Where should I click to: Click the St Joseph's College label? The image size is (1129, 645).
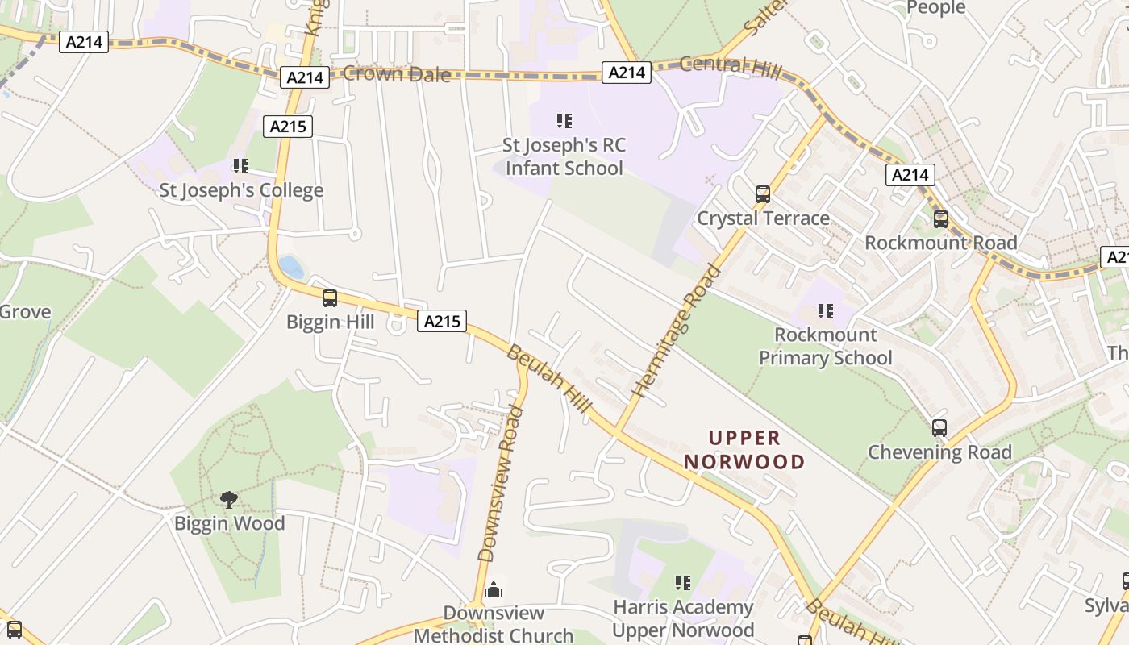241,191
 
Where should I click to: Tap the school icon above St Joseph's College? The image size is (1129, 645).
240,166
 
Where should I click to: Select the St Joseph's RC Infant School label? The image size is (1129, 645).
564,157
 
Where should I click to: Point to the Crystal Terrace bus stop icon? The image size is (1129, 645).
762,194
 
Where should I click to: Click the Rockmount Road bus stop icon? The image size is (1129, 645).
940,219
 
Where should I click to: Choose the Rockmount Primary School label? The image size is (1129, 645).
825,347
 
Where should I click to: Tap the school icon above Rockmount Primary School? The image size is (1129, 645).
825,311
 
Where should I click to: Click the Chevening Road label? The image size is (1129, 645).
939,452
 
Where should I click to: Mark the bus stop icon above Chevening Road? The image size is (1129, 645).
939,428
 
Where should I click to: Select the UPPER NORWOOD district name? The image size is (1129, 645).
744,450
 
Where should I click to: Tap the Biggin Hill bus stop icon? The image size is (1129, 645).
330,298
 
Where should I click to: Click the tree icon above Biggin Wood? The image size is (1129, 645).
229,500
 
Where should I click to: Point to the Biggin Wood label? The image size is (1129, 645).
230,524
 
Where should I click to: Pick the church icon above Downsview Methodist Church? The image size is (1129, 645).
494,590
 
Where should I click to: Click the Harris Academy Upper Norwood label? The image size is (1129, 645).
683,618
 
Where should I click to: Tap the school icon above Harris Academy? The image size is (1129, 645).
683,582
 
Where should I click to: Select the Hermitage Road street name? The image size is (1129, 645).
677,331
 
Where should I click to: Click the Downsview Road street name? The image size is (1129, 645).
501,484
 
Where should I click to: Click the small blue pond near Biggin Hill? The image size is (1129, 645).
292,267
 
